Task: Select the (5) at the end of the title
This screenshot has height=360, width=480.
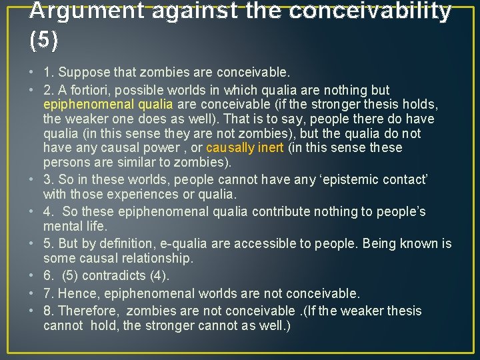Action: (x=44, y=41)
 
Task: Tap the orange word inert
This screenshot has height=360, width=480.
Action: (x=269, y=148)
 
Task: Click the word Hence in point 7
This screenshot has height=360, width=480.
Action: (x=75, y=293)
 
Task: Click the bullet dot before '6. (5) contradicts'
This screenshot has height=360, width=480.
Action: (x=34, y=276)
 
